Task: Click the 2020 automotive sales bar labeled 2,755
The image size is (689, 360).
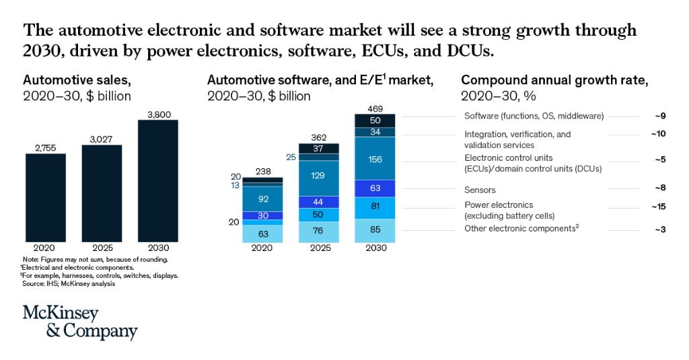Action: pos(46,196)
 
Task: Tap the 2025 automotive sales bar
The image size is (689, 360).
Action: pos(102,192)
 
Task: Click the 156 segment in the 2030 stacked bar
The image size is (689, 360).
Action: pos(375,159)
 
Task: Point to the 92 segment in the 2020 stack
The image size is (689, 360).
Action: pos(262,199)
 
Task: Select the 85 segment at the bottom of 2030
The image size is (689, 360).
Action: pos(375,230)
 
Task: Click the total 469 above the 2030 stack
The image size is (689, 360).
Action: pos(375,108)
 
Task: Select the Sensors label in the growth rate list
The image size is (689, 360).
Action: pos(480,190)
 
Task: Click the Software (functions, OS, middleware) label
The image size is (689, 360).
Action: pos(534,116)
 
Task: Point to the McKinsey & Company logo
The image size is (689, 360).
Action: pos(80,323)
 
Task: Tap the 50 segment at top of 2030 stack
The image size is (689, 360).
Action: pos(375,120)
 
